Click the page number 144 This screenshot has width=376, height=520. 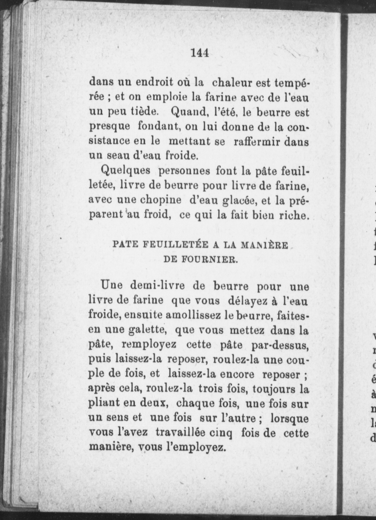pos(200,53)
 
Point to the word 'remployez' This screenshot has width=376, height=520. pos(148,345)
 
